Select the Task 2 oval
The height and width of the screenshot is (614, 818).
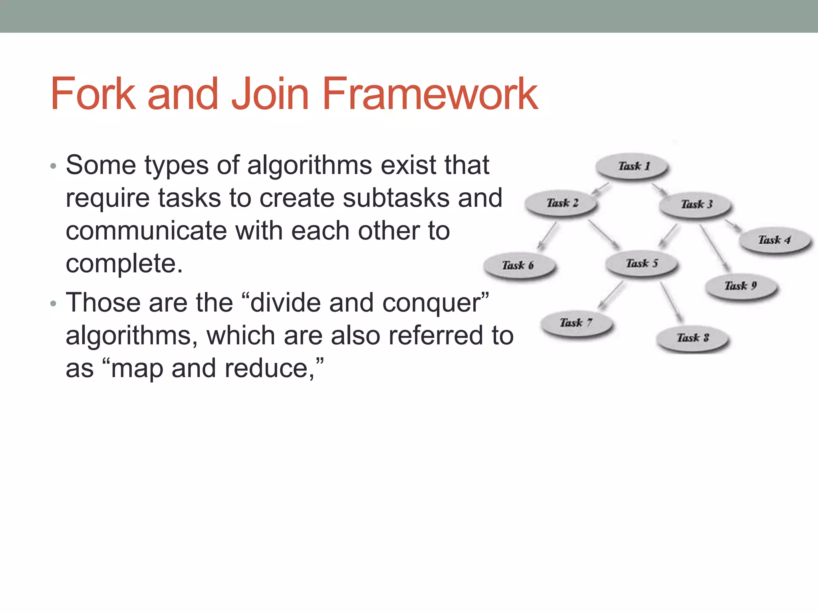tap(562, 203)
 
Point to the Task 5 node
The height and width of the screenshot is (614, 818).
tap(641, 263)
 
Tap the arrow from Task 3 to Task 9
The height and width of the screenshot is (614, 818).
tap(715, 247)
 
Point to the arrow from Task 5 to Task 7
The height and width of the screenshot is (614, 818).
tap(611, 295)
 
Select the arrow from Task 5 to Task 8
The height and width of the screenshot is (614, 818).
tap(672, 302)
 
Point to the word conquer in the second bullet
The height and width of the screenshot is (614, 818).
tap(435, 303)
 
